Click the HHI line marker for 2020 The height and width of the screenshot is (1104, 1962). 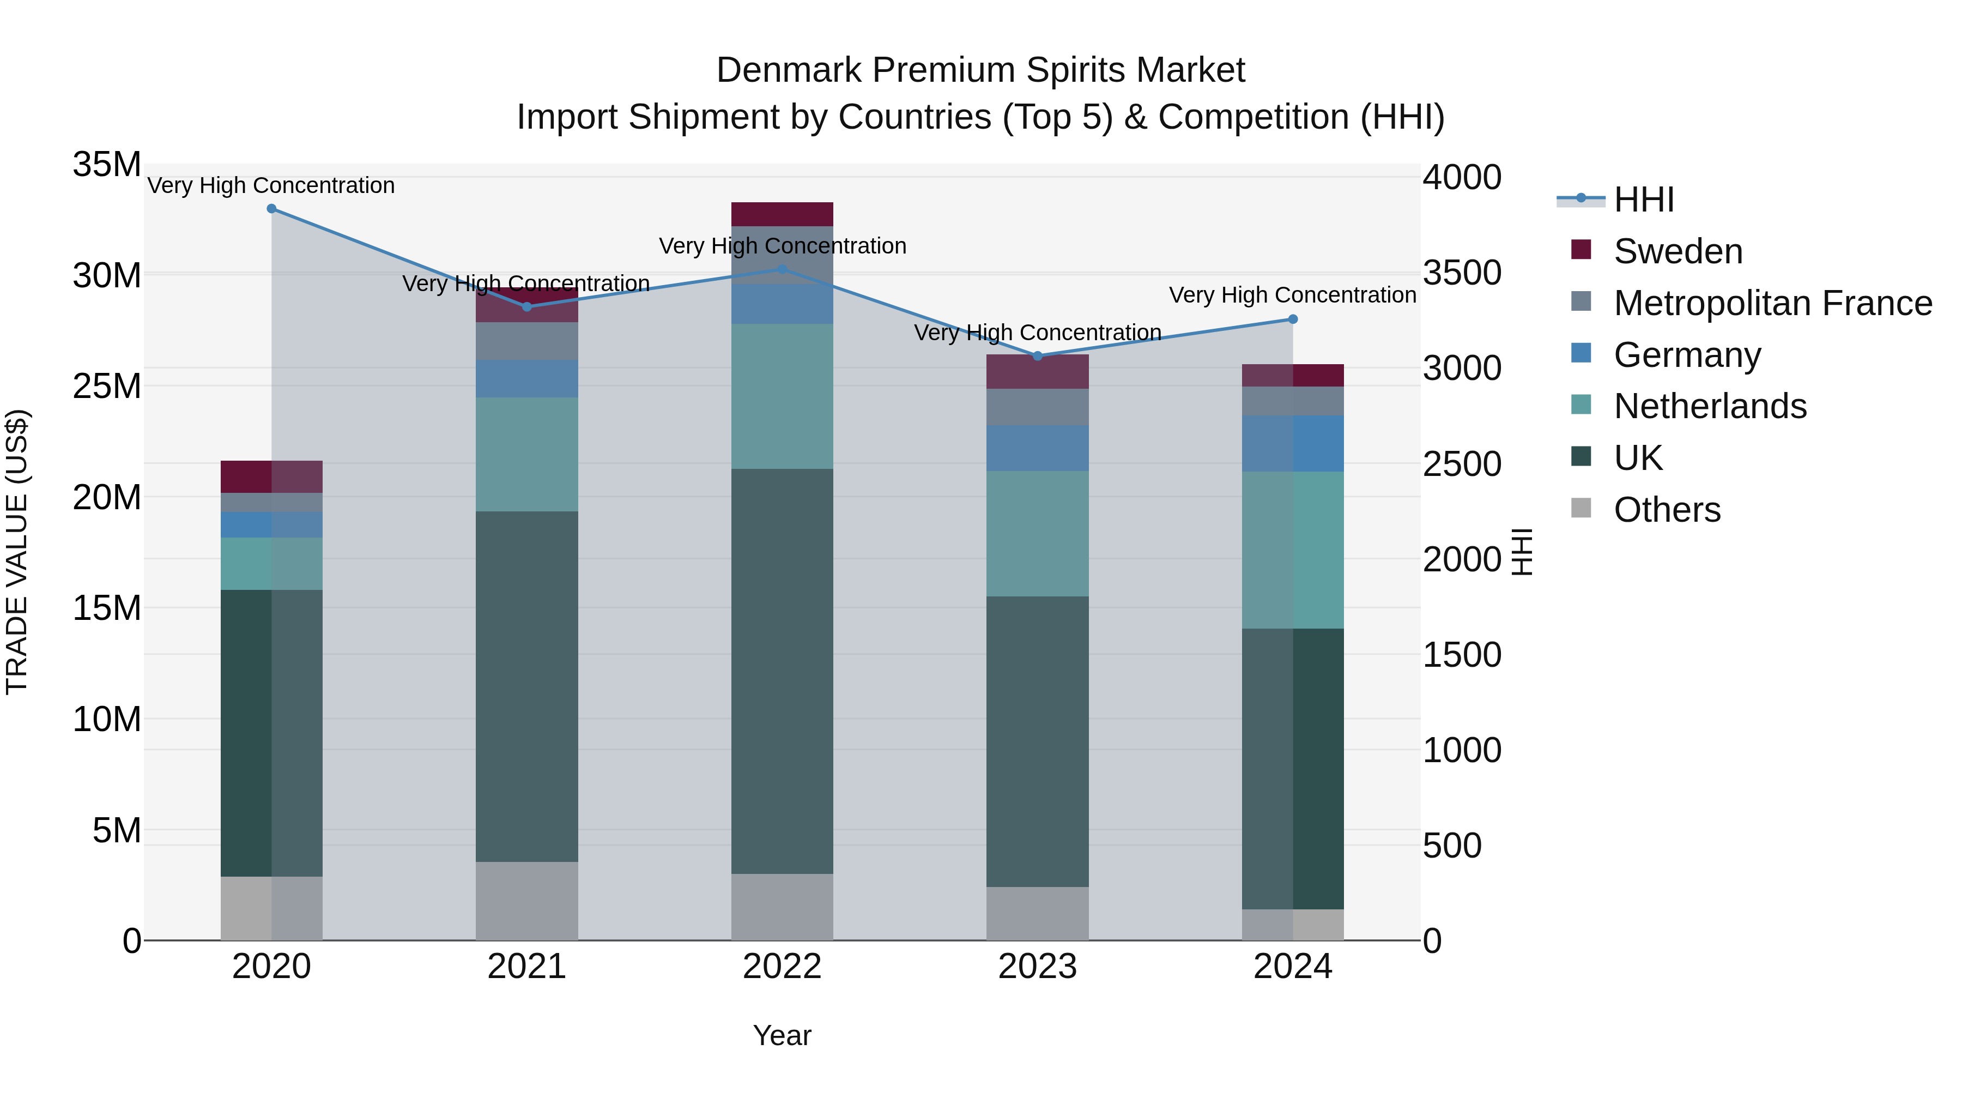(271, 209)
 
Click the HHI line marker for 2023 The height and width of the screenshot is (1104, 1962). (1037, 356)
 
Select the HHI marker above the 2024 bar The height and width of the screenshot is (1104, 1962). (1293, 319)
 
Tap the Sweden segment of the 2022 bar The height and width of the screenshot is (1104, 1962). (782, 214)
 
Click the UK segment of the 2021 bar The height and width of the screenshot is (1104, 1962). (526, 686)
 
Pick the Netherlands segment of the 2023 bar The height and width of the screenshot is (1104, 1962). (1037, 533)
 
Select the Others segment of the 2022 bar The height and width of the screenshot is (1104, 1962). (782, 907)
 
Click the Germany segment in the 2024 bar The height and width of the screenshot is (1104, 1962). (1293, 443)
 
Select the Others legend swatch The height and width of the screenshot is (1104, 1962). (1581, 508)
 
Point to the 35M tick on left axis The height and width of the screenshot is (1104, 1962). (107, 165)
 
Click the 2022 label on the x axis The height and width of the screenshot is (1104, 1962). (782, 967)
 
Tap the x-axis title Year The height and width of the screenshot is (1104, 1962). (782, 1035)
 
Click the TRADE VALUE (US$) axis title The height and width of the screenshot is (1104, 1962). (17, 552)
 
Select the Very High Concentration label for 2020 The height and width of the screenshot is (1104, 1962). (271, 185)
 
